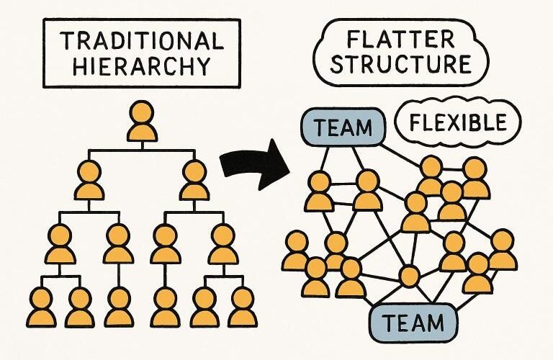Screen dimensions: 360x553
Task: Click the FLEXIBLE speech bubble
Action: pyautogui.click(x=457, y=123)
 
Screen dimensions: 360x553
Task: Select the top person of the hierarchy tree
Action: pyautogui.click(x=142, y=122)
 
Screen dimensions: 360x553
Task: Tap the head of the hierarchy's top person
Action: pyautogui.click(x=142, y=112)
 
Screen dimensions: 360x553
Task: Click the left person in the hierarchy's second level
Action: pyautogui.click(x=90, y=181)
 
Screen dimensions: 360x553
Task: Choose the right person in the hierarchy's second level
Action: pyautogui.click(x=194, y=181)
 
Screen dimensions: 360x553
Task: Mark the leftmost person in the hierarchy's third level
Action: pyautogui.click(x=60, y=244)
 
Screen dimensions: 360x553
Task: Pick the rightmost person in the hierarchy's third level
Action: pyautogui.click(x=222, y=244)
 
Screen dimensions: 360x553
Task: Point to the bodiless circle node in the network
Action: pyautogui.click(x=409, y=276)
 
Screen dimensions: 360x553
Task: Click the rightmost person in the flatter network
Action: pyautogui.click(x=502, y=250)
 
